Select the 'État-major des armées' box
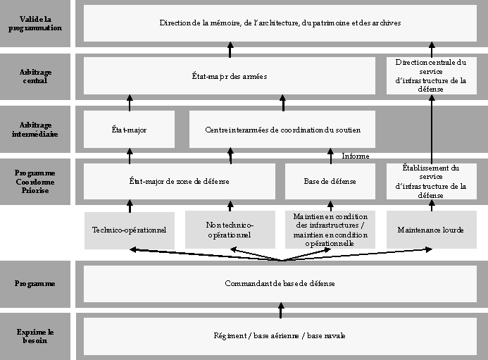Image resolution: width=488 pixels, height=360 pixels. (229, 76)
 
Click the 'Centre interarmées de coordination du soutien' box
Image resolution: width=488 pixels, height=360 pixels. (283, 129)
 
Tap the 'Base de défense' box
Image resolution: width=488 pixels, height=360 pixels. (330, 181)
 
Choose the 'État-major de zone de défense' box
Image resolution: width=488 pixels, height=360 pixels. (180, 181)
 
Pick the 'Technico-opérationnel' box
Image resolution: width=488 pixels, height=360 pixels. (129, 230)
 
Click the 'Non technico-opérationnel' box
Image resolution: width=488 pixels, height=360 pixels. (230, 230)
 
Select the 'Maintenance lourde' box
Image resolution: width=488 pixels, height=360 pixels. (431, 230)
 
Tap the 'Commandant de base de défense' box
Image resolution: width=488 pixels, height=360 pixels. (280, 283)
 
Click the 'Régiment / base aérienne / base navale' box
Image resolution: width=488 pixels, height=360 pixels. (280, 335)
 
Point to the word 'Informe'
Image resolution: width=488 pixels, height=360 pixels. (356, 156)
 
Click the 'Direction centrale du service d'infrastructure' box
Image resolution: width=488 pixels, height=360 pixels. (431, 76)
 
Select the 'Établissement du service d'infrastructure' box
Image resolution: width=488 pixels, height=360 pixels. (431, 181)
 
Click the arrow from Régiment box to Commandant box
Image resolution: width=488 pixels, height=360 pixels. (280, 309)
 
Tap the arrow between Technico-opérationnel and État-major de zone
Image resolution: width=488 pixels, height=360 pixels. (130, 205)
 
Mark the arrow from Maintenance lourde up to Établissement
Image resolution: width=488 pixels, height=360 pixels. (432, 205)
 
